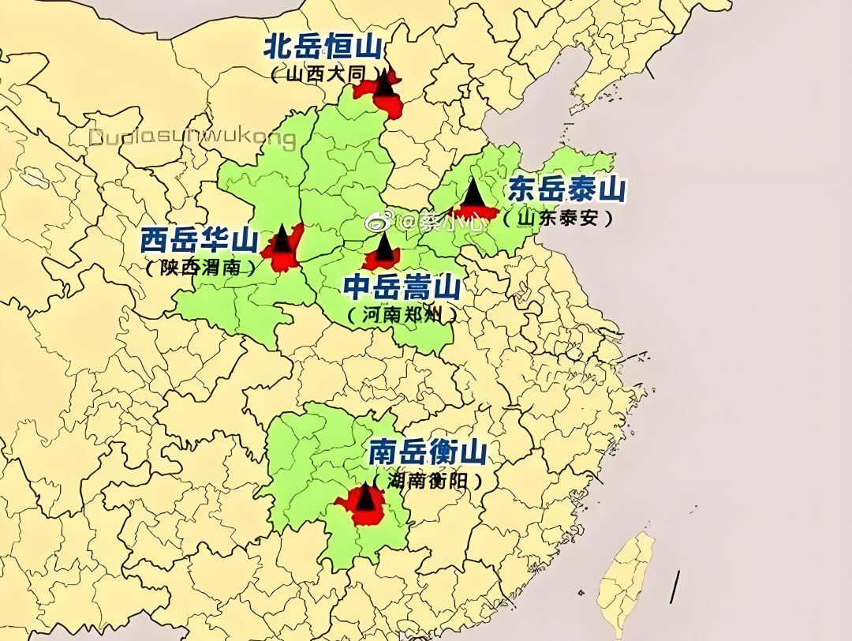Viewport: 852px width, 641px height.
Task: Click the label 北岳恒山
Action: pos(323,47)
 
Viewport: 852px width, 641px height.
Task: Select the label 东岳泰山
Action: pos(566,190)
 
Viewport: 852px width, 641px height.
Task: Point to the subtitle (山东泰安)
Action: pos(559,219)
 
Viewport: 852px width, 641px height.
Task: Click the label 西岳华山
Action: pos(200,239)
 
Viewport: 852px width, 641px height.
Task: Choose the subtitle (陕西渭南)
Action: pos(202,268)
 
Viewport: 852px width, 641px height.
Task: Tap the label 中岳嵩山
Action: pos(402,286)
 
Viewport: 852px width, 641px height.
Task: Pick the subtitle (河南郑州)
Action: pos(402,314)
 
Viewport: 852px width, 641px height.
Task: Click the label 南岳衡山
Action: pos(428,452)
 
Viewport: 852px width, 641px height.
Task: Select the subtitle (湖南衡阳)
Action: pos(427,480)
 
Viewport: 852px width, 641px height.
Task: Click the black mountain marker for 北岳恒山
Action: pos(384,81)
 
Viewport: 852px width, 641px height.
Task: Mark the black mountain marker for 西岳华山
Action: pos(282,239)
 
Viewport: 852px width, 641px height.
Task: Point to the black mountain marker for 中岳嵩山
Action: pos(383,248)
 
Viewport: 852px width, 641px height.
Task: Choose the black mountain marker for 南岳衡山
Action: pos(364,497)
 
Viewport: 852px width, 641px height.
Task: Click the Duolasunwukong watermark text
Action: pos(192,139)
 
